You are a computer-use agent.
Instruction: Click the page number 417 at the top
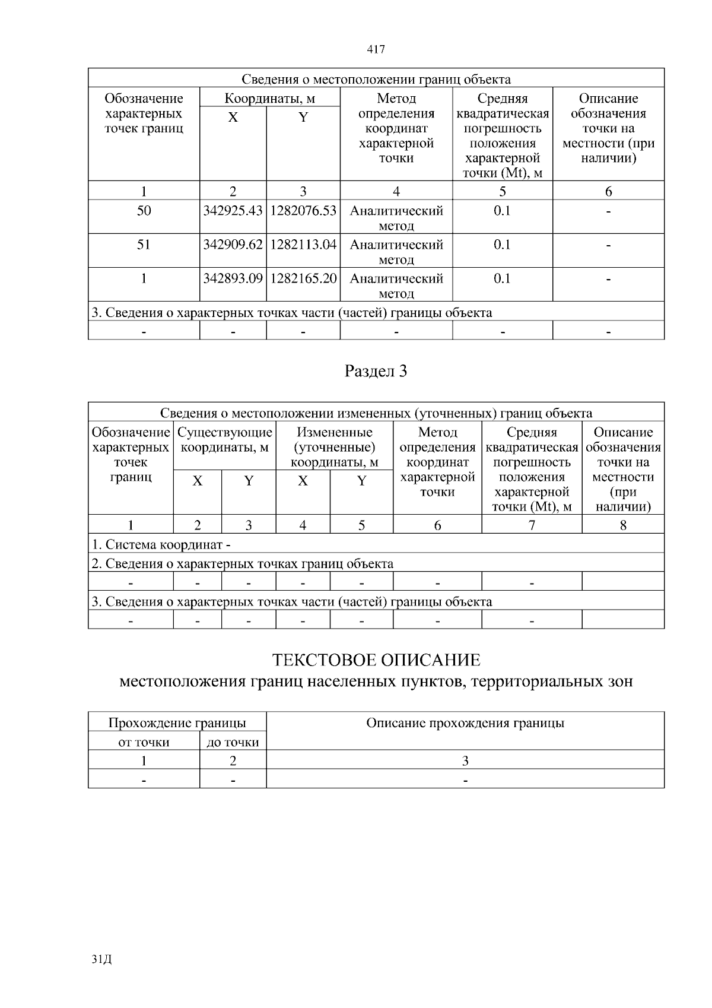tap(376, 50)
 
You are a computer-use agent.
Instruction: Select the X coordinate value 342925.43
tap(233, 211)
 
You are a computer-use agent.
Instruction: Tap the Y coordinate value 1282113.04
tap(303, 245)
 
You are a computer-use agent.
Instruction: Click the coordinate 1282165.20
tap(303, 279)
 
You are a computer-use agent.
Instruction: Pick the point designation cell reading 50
tap(144, 211)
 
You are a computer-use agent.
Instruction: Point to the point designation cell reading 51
tap(144, 245)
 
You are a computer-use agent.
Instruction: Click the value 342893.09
tap(233, 279)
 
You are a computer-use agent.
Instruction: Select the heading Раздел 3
tap(376, 372)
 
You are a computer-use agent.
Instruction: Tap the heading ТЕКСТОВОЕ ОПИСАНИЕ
tap(376, 660)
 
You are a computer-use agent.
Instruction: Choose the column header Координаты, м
tap(269, 99)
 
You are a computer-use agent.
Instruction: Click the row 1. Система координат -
tap(161, 544)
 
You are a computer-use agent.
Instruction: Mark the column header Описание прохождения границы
tap(465, 723)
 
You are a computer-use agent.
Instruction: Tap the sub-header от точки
tap(144, 742)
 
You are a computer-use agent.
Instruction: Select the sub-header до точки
tap(233, 742)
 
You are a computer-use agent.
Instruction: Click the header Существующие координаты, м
tap(225, 440)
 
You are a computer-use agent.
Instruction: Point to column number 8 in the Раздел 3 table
tap(623, 525)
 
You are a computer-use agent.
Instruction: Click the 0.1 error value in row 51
tap(502, 245)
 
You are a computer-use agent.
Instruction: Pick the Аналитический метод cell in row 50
tap(396, 218)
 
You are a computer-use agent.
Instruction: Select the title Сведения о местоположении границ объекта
tap(376, 80)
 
